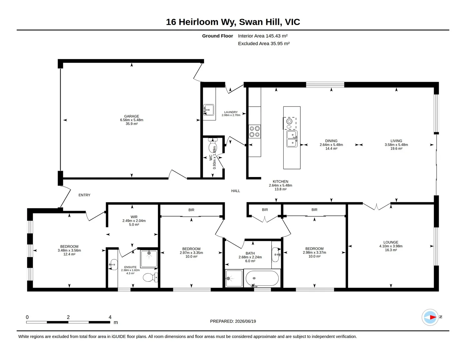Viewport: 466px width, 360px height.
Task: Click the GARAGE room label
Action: [131, 116]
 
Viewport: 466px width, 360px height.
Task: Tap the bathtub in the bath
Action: [262, 278]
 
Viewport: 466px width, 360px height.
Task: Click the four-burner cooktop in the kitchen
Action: [255, 131]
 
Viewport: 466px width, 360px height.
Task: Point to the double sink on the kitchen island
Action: [292, 139]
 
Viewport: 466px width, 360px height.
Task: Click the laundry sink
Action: [208, 110]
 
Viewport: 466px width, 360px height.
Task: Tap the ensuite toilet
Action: [150, 277]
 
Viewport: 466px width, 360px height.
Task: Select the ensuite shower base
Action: [149, 259]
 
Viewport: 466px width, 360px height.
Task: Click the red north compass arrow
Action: [433, 317]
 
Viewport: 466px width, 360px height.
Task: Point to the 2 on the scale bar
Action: [68, 317]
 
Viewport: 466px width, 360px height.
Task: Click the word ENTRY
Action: [84, 195]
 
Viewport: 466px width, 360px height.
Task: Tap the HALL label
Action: [235, 191]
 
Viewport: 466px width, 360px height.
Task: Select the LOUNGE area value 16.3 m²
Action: [391, 250]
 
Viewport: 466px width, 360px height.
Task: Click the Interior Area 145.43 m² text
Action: [263, 36]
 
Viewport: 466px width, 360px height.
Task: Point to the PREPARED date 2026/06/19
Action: [245, 321]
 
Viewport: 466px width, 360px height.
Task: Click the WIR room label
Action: [134, 217]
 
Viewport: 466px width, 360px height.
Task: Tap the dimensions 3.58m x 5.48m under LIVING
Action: [396, 145]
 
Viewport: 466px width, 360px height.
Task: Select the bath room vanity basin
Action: [275, 255]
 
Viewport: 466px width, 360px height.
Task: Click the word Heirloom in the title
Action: [198, 22]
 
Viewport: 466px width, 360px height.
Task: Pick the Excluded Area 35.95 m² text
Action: [264, 44]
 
